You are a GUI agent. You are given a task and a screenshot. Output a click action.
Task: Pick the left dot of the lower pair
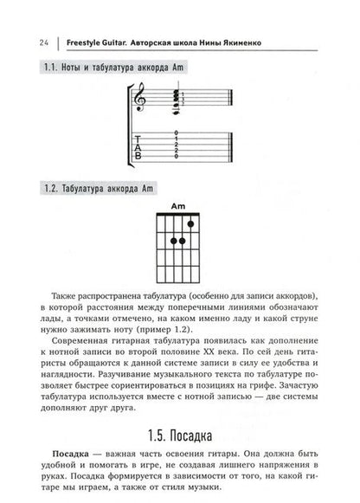click(x=174, y=240)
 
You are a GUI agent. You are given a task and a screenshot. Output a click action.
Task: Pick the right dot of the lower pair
click(x=183, y=240)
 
